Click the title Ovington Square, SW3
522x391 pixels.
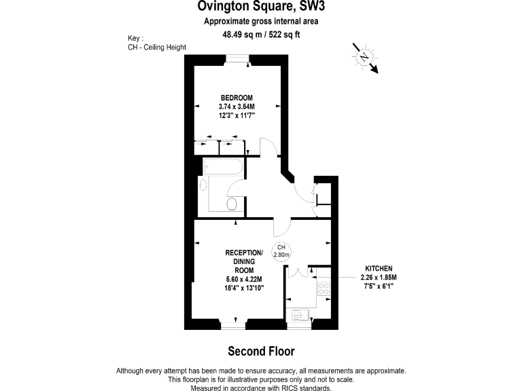pos(260,7)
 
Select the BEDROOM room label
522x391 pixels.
pos(236,98)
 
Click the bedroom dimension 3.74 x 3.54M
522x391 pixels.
pos(236,107)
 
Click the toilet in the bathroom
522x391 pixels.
pos(231,204)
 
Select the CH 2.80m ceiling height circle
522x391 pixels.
pos(281,251)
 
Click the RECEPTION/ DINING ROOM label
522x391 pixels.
pos(243,261)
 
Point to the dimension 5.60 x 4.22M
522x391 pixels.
pos(243,279)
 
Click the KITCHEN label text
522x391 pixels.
pos(379,269)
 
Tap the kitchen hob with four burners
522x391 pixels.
pos(324,289)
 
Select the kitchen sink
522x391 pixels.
pos(300,315)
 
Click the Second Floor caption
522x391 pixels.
pos(261,352)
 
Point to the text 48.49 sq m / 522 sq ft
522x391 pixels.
pos(261,35)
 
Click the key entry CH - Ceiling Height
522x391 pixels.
pos(157,47)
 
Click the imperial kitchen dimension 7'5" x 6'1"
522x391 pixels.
pos(379,286)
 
